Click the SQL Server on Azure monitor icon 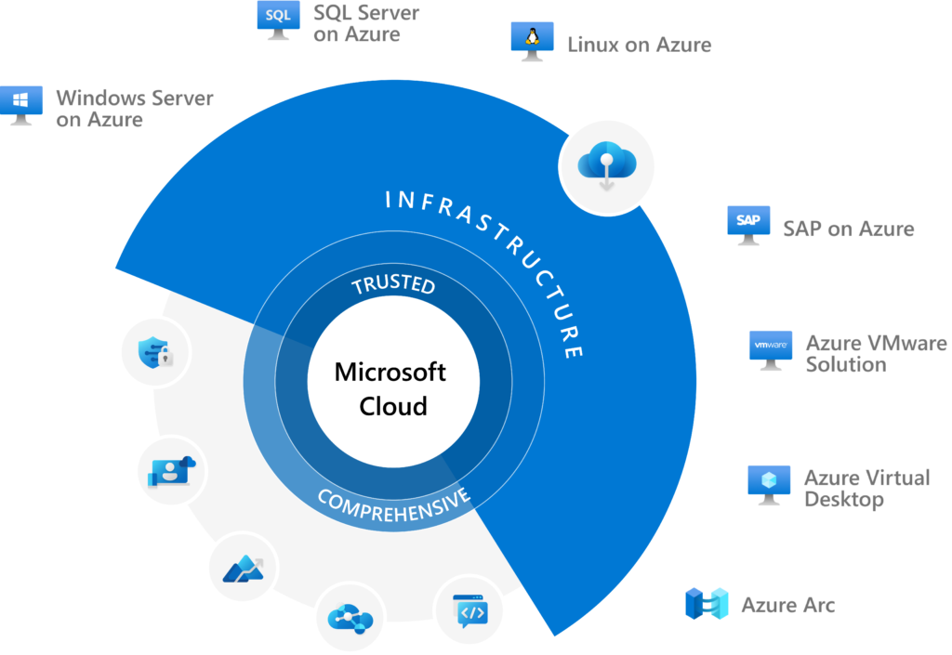pyautogui.click(x=278, y=19)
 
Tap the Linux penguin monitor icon pyautogui.click(x=532, y=40)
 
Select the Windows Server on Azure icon pyautogui.click(x=20, y=105)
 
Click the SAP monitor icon pyautogui.click(x=748, y=224)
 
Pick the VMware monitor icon pyautogui.click(x=771, y=348)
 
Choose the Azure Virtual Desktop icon pyautogui.click(x=769, y=484)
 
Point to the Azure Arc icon pyautogui.click(x=706, y=604)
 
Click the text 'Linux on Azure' pyautogui.click(x=639, y=44)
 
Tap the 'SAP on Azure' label pyautogui.click(x=848, y=229)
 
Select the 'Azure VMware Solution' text pyautogui.click(x=875, y=354)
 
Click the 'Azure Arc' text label pyautogui.click(x=787, y=606)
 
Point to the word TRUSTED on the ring pyautogui.click(x=394, y=284)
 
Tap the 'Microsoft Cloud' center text pyautogui.click(x=391, y=389)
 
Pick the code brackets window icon pyautogui.click(x=473, y=611)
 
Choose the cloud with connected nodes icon pyautogui.click(x=350, y=618)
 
